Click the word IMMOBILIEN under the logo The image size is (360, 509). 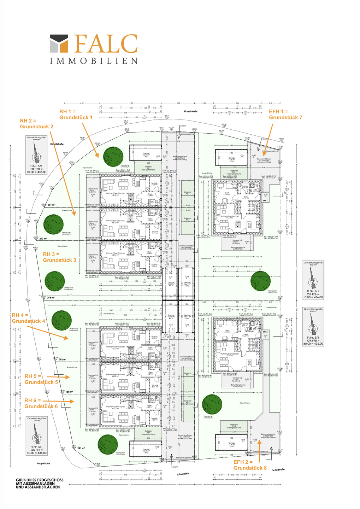(94, 61)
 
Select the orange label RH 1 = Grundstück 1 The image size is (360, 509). (76, 115)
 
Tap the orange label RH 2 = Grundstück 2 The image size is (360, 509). (37, 124)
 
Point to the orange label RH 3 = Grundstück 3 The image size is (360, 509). (59, 257)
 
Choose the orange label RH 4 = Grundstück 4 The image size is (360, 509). (28, 318)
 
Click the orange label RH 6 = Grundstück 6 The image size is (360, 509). (41, 403)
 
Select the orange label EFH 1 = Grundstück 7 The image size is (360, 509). (285, 115)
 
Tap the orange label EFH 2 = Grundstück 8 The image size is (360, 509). (250, 465)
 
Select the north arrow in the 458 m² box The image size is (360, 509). (312, 328)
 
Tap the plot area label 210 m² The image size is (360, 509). (43, 239)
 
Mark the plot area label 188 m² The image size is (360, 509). (69, 392)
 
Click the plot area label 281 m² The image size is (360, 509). (81, 448)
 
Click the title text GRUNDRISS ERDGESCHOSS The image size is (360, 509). (40, 480)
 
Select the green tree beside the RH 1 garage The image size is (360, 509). (113, 156)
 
